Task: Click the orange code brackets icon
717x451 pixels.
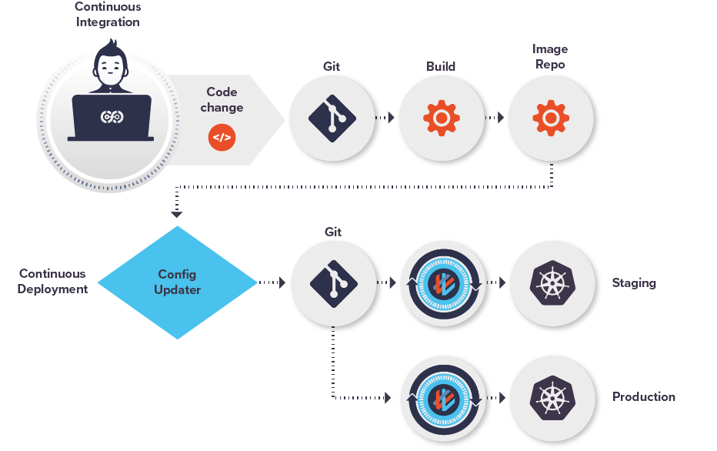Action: pos(222,138)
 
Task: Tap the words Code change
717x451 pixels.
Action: pos(222,100)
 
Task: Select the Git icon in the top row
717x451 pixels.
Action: pos(332,119)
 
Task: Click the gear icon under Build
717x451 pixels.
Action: pos(442,119)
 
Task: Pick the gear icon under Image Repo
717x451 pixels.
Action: pos(551,119)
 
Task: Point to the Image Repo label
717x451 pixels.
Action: pos(550,56)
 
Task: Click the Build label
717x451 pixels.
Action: pos(441,66)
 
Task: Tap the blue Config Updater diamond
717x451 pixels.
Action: pos(178,282)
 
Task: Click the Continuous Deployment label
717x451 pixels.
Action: pos(53,281)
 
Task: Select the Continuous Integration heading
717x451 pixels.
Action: pos(108,15)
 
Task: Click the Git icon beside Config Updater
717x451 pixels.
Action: pos(333,283)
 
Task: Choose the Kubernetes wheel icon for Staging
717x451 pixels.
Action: pos(552,283)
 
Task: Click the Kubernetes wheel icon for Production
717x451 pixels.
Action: pos(552,397)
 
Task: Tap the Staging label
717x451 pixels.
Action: pos(634,282)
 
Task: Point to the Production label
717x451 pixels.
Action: pos(644,397)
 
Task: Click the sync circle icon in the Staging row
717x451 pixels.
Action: pos(443,283)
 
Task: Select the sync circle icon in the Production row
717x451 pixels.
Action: pos(443,397)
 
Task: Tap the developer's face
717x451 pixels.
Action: pos(111,70)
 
